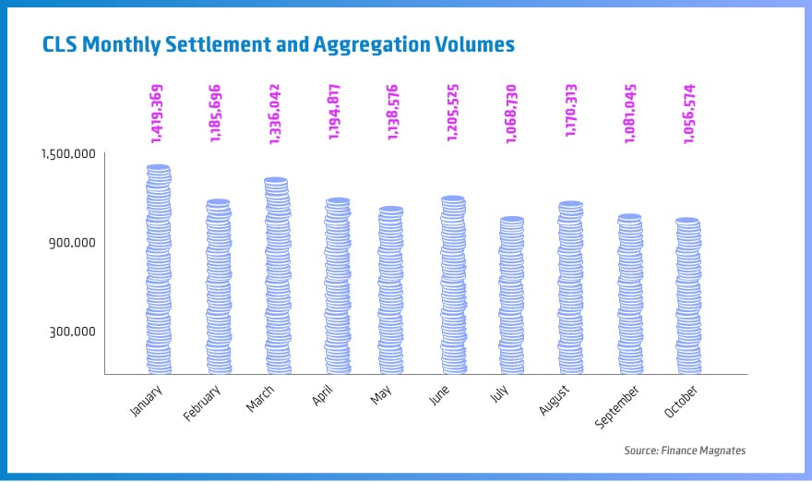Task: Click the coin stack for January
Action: [159, 270]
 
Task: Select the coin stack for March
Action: [277, 276]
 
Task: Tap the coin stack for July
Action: [511, 295]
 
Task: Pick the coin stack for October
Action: [687, 296]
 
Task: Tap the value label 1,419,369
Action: [158, 114]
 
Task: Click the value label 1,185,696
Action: [217, 114]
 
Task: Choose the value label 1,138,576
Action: [393, 114]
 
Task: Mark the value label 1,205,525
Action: [452, 114]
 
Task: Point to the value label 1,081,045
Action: [628, 114]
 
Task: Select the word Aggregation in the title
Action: [360, 44]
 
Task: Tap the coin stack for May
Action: [392, 290]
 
